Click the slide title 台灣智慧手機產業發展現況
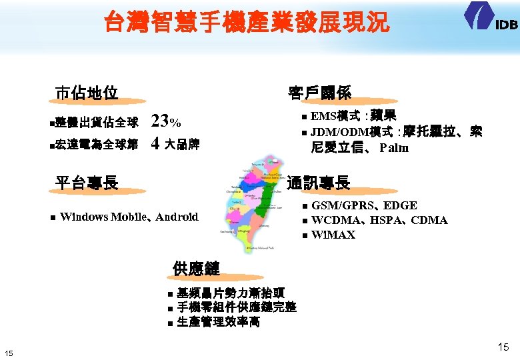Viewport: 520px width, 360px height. coord(247,23)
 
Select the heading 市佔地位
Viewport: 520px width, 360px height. coord(86,92)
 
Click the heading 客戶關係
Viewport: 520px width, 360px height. coord(319,92)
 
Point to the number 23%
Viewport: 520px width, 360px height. coord(165,122)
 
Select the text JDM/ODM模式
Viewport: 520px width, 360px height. coord(351,132)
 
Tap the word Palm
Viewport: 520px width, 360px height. coord(394,148)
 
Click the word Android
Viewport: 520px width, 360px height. coord(177,217)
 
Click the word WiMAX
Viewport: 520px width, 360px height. coord(333,235)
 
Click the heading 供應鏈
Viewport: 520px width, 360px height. coord(196,269)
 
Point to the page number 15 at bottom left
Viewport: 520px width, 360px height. coord(9,353)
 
